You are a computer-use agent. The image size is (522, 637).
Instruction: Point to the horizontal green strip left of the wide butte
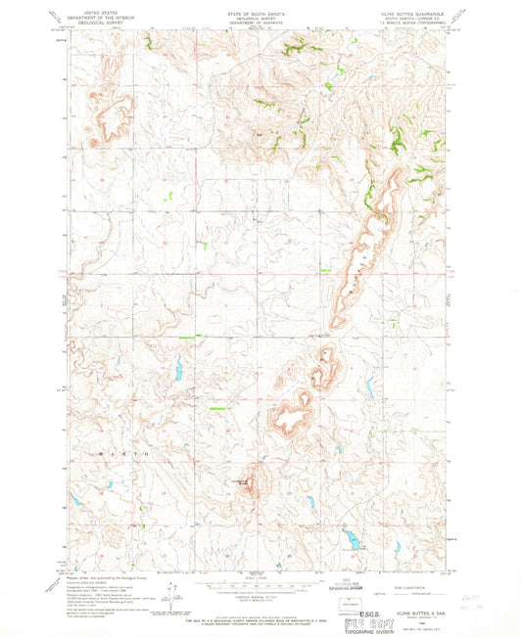217,408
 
